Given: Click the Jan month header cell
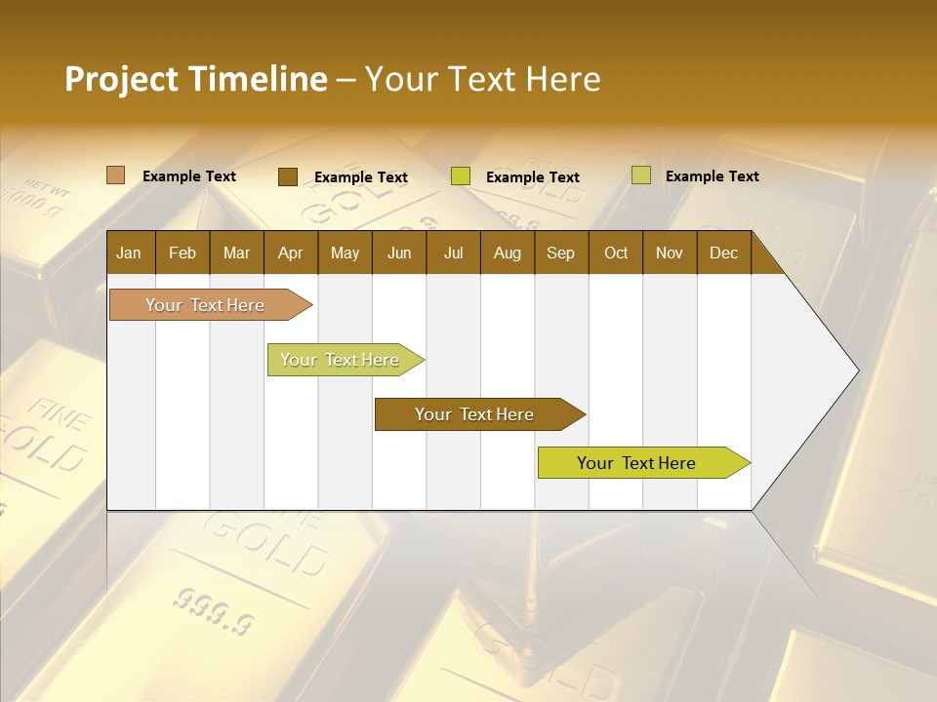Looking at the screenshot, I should [129, 253].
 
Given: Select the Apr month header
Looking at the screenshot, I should [290, 253].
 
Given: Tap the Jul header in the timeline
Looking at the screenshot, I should [453, 253].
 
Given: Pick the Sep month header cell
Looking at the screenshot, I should [560, 253].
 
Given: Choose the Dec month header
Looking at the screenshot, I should [723, 253].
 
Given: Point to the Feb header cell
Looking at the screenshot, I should [183, 253].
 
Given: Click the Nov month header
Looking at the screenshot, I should [669, 253].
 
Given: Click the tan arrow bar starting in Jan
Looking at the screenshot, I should [206, 305].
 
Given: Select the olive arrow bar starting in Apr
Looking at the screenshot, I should [341, 360].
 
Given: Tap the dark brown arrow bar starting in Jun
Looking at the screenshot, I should [475, 414].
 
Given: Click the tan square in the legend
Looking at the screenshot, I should [116, 175].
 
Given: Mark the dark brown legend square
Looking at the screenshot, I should [287, 176].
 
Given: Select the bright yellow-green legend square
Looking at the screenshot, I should [461, 176].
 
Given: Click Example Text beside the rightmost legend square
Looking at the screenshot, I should [712, 176].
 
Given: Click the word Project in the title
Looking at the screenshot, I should [121, 79].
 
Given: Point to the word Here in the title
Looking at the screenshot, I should [563, 79].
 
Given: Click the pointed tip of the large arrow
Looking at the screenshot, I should [856, 370].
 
